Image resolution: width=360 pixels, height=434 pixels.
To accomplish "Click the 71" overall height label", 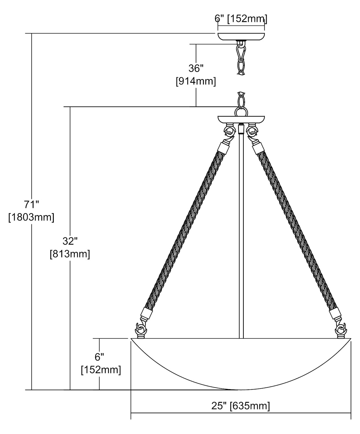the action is (x=32, y=205).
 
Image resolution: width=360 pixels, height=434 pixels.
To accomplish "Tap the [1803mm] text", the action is (x=31, y=217).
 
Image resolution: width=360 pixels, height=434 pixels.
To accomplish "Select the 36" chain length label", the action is (x=196, y=68).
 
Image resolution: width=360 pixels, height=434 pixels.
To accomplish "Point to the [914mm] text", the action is (x=196, y=81).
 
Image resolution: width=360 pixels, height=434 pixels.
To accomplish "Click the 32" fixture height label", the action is (x=70, y=241).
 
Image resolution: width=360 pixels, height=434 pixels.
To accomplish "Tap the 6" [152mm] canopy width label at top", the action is (x=241, y=19).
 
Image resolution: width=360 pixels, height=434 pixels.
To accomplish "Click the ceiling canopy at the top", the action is (x=241, y=36).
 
